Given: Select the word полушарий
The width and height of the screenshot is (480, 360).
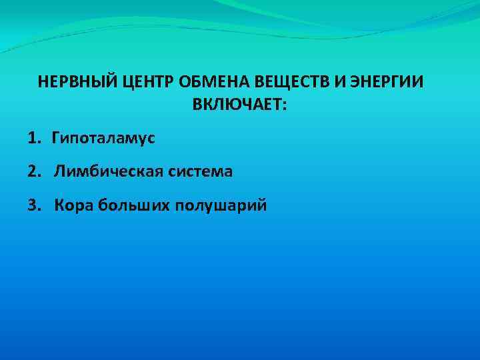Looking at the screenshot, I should coord(221,205).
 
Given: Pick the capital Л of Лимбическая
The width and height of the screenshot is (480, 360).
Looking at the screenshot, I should coord(59,171).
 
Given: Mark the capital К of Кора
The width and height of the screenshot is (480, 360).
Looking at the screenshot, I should coord(59,205).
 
